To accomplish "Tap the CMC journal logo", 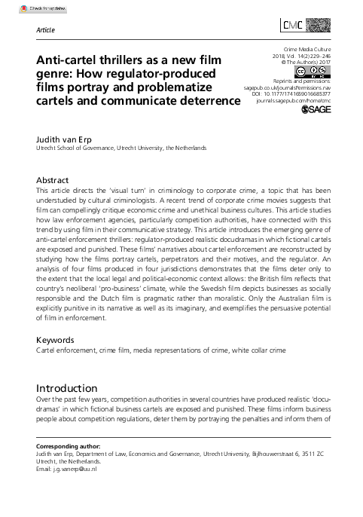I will coord(311,27).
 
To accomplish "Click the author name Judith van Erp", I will coord(69,139).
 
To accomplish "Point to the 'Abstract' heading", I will coord(53,181).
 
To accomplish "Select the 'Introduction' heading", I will coord(67,389).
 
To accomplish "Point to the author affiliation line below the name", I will coord(120,148).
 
